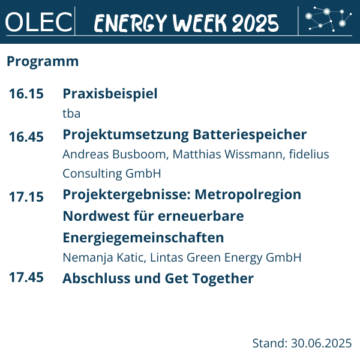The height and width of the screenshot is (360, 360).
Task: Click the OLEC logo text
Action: click(x=38, y=22)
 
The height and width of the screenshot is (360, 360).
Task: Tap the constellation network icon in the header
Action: click(x=328, y=19)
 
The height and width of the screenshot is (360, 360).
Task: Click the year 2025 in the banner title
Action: click(x=255, y=23)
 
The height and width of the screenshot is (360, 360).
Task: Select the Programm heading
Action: click(x=43, y=62)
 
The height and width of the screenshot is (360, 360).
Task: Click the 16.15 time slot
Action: click(x=26, y=94)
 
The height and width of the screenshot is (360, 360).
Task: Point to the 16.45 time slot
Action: click(x=26, y=137)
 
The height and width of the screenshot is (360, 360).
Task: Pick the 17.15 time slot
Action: click(x=26, y=197)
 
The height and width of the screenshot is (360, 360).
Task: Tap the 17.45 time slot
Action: click(x=26, y=277)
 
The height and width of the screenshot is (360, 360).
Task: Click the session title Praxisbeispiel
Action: click(x=110, y=94)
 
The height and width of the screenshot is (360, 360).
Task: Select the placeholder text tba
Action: click(x=71, y=113)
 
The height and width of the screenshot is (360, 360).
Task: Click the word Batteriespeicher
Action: click(x=250, y=134)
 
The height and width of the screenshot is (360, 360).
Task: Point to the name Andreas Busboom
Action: click(x=114, y=154)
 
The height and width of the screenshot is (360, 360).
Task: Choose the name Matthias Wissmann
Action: click(x=227, y=154)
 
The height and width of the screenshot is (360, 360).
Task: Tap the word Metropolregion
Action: click(x=248, y=195)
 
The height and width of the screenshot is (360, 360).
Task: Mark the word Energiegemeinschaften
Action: click(x=143, y=238)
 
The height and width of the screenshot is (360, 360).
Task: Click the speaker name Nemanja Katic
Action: click(x=103, y=257)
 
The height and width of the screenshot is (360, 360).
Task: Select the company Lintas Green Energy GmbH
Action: click(x=226, y=257)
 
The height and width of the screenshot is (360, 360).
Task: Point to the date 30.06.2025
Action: click(x=321, y=343)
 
